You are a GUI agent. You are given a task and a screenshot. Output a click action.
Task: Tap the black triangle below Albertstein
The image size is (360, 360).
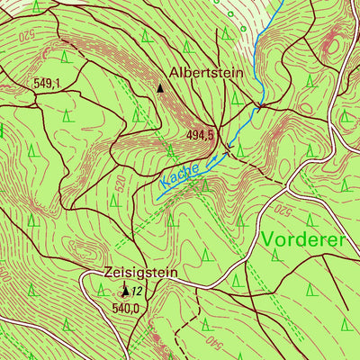(161, 88)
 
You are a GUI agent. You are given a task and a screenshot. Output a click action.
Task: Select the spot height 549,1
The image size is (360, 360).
(46, 83)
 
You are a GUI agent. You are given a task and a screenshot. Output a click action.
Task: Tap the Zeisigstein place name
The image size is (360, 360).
(140, 273)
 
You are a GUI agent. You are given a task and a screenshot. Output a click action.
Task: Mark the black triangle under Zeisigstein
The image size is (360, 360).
(126, 292)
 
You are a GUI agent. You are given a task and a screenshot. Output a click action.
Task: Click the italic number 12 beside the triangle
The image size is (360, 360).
(138, 292)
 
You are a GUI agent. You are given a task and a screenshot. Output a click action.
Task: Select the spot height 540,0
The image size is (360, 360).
(127, 308)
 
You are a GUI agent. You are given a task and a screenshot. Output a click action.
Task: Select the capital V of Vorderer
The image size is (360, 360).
(271, 240)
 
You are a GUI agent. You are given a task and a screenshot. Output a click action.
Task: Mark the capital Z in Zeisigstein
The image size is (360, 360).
(108, 273)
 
